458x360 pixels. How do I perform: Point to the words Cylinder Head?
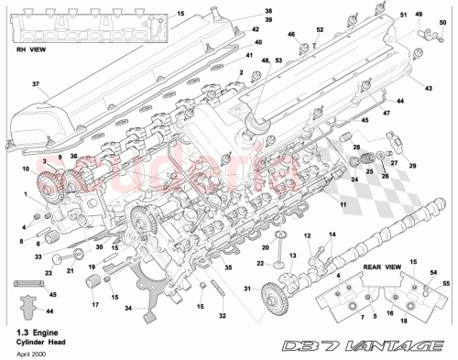click(x=38, y=340)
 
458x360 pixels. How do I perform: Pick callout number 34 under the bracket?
click(x=127, y=307)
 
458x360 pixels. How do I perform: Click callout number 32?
click(x=221, y=316)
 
